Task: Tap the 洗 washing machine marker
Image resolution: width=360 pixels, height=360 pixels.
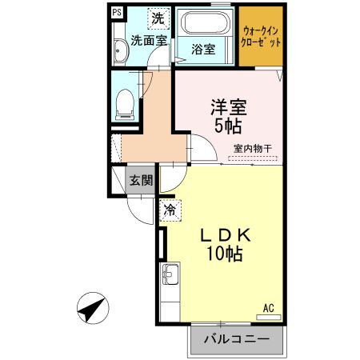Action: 158,16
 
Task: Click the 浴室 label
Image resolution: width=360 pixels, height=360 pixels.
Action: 203,49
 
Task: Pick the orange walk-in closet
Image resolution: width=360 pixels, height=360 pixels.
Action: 261,37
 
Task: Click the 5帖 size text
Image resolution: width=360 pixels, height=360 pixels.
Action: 227,126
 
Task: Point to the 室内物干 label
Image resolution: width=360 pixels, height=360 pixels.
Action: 253,148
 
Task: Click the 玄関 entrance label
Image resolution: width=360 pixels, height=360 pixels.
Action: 142,180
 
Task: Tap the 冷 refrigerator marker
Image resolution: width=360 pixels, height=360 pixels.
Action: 170,210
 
